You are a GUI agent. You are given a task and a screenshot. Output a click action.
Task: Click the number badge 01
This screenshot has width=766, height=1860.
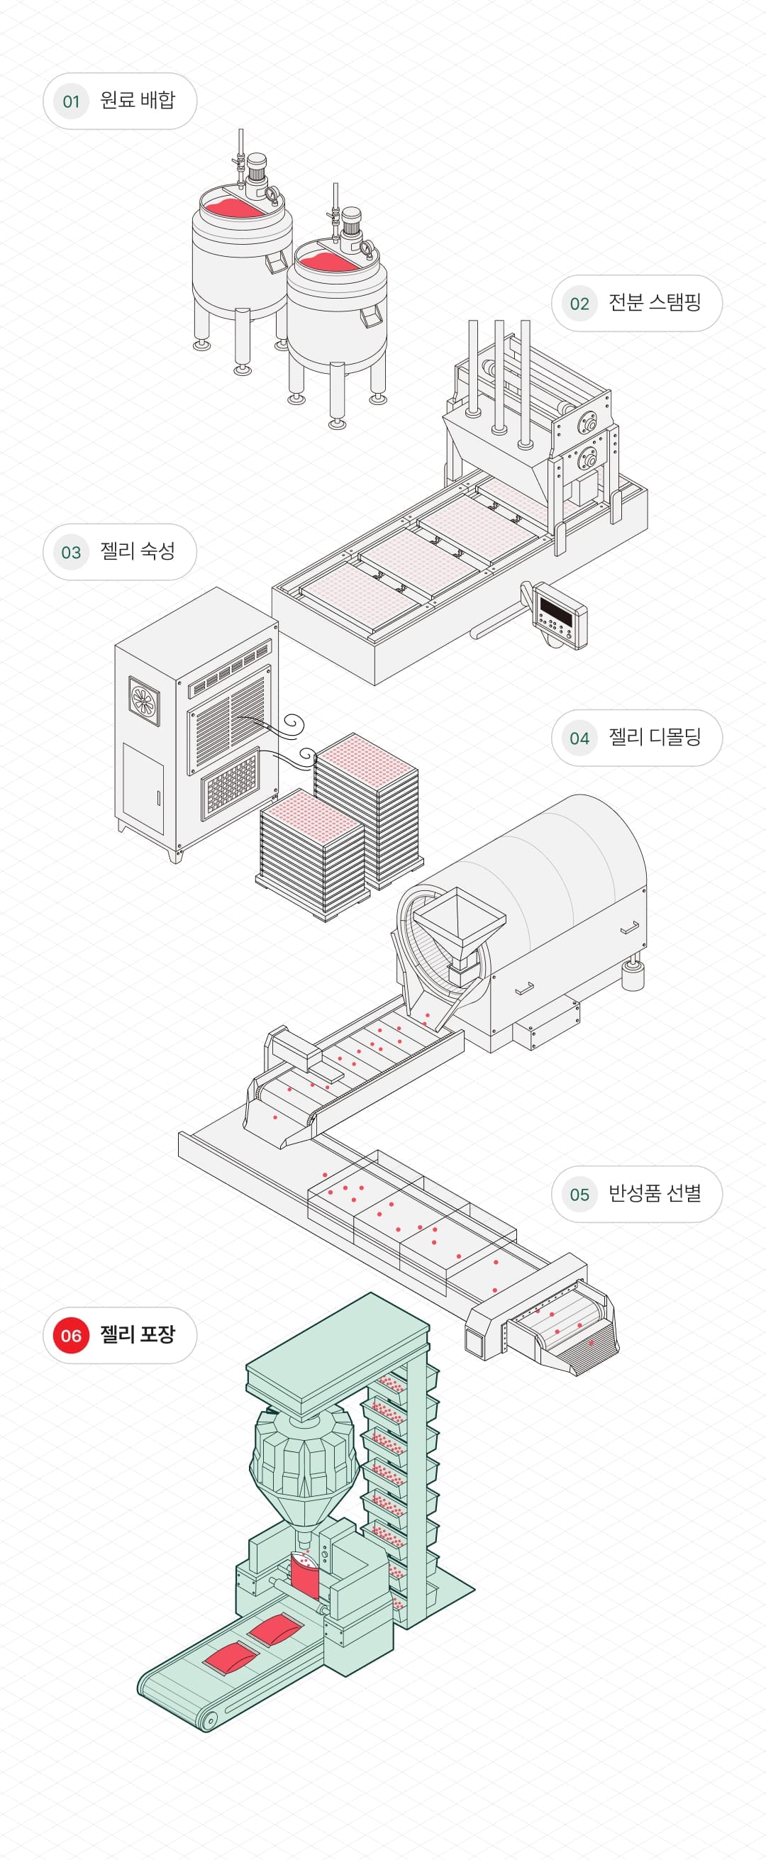(x=71, y=101)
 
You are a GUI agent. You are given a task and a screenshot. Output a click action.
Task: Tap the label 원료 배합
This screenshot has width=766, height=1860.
(x=137, y=100)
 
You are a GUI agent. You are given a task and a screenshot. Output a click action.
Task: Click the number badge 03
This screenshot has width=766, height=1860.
(x=71, y=553)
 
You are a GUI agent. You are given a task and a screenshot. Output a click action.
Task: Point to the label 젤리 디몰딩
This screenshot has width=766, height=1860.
(x=654, y=737)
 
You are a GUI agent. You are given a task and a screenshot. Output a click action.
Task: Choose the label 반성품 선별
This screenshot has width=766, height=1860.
(x=654, y=1194)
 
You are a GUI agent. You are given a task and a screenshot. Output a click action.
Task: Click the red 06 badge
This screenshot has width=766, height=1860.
(x=71, y=1335)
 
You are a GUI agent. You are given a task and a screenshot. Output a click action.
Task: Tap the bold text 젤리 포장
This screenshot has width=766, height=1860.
(x=137, y=1334)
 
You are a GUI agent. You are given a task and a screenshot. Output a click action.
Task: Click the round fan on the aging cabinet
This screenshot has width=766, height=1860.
(x=145, y=699)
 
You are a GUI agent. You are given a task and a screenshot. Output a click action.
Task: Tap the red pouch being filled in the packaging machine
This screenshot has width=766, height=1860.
(x=305, y=1578)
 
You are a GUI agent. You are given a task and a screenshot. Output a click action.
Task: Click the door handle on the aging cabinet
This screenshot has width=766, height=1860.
(x=158, y=798)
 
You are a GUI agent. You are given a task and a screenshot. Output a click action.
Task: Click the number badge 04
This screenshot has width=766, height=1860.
(x=579, y=738)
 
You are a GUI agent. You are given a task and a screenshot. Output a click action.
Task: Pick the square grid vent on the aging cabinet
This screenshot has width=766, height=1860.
(x=230, y=783)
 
